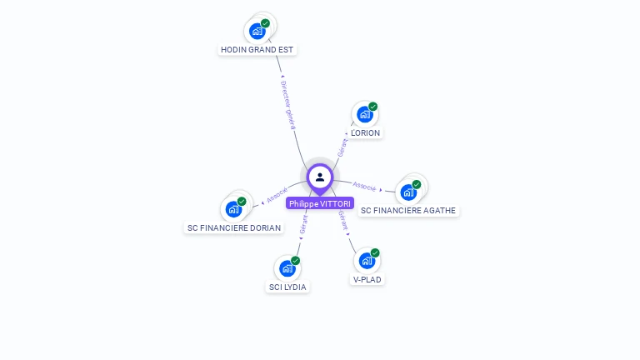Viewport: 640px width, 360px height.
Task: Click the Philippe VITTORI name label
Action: [320, 203]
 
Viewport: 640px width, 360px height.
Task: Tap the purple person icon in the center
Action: [320, 177]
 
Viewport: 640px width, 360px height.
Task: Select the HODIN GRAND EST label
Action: [257, 49]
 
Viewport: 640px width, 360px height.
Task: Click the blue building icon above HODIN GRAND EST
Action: [257, 31]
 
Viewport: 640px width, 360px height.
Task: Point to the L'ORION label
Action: [365, 132]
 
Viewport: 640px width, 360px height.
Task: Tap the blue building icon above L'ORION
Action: [365, 114]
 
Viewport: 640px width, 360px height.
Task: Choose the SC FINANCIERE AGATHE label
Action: [408, 210]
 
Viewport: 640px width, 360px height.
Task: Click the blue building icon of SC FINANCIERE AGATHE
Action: [408, 192]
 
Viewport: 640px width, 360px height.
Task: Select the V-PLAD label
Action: [367, 279]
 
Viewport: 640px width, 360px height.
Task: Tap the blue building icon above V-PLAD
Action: [367, 261]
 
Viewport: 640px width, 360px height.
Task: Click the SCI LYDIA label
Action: [287, 287]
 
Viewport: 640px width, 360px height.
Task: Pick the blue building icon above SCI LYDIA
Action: [287, 268]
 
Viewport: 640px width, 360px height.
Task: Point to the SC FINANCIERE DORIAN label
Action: [234, 227]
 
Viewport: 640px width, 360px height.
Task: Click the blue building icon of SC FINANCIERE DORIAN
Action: [233, 209]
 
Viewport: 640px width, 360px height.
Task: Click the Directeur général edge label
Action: [287, 104]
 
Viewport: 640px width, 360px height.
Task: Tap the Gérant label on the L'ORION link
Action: [342, 147]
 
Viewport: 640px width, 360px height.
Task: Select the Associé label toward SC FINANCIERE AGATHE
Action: [364, 186]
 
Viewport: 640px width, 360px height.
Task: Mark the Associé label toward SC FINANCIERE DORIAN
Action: [277, 196]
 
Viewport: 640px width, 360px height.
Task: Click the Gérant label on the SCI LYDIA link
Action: [303, 222]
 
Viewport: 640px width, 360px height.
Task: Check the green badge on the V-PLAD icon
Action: [375, 252]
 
